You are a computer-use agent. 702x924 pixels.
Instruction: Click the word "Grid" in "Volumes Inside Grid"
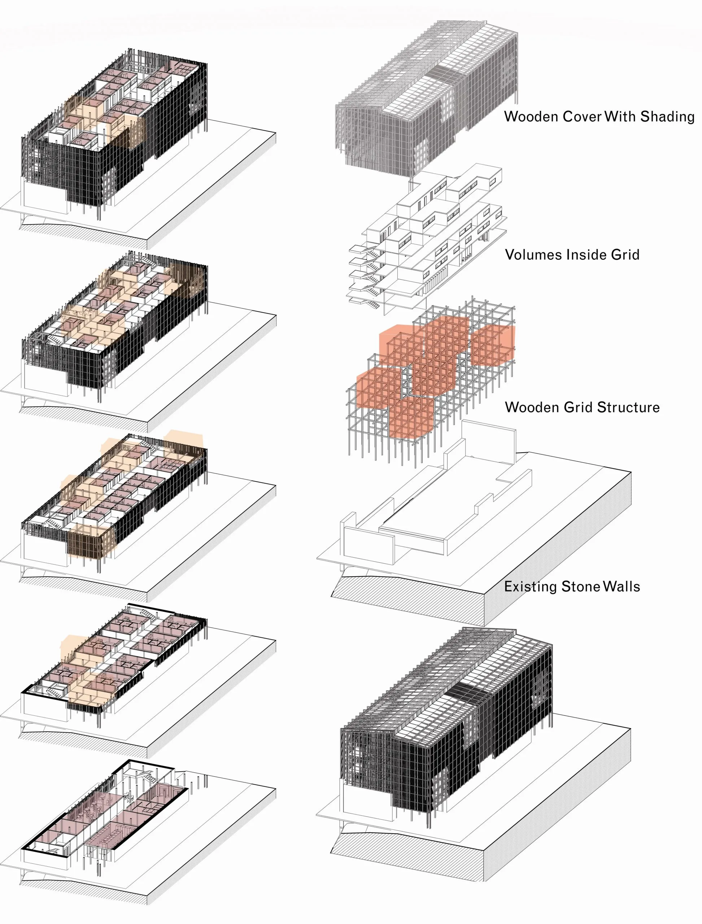point(625,254)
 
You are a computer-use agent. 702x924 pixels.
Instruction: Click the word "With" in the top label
point(620,117)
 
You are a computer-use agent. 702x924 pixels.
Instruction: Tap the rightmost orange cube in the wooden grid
point(493,345)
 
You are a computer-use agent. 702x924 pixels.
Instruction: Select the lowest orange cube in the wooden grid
point(411,418)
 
